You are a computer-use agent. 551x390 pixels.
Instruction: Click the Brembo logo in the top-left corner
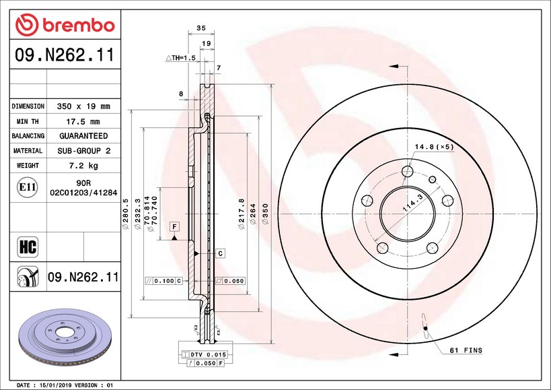[65, 25]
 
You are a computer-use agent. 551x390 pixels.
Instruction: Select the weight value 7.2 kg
[83, 165]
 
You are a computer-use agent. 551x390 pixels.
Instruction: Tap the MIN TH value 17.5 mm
[83, 122]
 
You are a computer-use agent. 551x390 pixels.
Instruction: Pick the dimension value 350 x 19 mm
[83, 106]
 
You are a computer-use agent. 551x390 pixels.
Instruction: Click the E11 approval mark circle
[28, 187]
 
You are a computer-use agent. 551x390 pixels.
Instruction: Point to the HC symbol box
[28, 247]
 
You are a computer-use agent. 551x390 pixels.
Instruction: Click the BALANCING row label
[28, 136]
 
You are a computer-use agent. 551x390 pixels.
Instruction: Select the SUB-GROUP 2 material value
[84, 151]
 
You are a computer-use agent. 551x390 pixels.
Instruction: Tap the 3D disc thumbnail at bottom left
[65, 337]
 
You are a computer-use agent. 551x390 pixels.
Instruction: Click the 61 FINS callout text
[466, 350]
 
